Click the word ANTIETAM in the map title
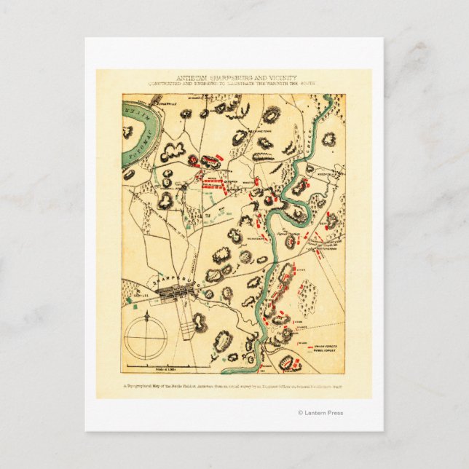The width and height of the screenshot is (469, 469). click(192, 76)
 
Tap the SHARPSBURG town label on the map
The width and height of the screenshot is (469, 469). click(168, 278)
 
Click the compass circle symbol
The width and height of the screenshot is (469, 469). click(146, 339)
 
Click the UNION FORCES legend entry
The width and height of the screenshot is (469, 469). click(326, 347)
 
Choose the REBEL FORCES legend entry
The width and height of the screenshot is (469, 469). click(326, 355)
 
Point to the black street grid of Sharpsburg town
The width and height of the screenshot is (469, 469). click(175, 292)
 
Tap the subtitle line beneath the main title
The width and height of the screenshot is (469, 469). click(234, 83)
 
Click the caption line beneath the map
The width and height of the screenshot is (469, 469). click(234, 386)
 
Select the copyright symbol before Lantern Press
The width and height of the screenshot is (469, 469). click(299, 413)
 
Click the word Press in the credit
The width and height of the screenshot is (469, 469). click(335, 413)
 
